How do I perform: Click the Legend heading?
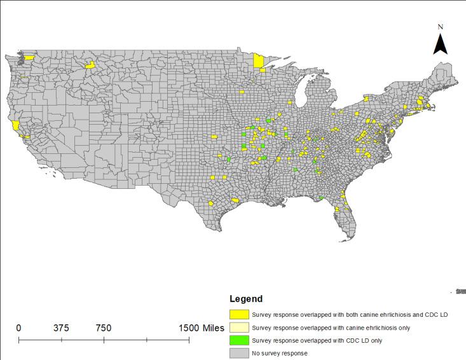(x=246, y=299)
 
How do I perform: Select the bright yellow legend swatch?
(x=239, y=314)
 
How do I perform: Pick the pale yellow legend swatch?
(x=239, y=328)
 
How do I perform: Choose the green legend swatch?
(x=239, y=340)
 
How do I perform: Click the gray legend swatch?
(x=239, y=353)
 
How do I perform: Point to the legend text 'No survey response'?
(x=280, y=353)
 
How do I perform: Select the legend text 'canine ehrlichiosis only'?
(x=331, y=328)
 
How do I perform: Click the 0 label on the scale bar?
(x=18, y=328)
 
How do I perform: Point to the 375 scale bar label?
(x=61, y=328)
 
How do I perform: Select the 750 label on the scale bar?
(x=104, y=328)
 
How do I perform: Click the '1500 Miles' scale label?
(x=201, y=328)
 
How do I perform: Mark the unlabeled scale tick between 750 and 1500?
(x=146, y=340)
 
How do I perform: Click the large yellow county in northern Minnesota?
(x=259, y=61)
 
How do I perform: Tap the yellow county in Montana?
(x=90, y=64)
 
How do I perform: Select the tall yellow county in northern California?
(x=15, y=125)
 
